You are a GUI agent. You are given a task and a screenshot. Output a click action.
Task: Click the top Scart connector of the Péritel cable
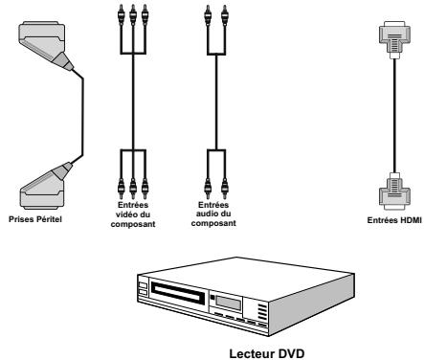tap(40, 49)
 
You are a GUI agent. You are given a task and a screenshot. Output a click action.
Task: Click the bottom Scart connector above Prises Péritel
tap(40, 185)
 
